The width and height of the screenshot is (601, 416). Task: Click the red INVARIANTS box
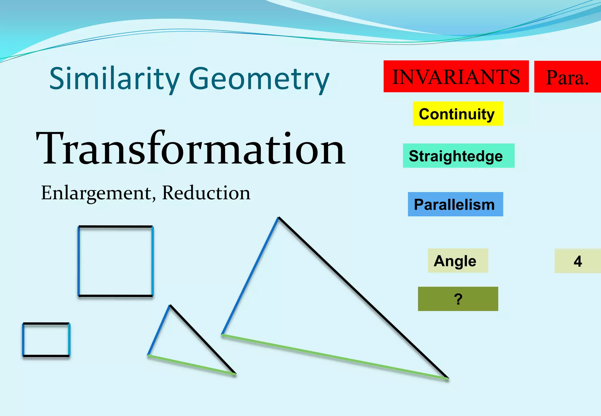[456, 77]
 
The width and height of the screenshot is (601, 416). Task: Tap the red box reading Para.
[567, 77]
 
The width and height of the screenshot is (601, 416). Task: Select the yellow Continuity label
[458, 114]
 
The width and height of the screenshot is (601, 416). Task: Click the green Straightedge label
[458, 156]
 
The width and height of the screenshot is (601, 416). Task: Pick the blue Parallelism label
[455, 204]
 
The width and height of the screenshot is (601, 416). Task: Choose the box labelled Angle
[457, 261]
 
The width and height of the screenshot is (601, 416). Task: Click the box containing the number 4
[578, 261]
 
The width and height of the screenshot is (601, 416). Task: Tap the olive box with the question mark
[458, 299]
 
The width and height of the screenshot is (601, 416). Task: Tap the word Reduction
[206, 193]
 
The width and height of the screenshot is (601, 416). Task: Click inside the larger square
[115, 261]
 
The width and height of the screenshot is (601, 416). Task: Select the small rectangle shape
[46, 340]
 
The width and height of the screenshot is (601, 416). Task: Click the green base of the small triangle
[192, 365]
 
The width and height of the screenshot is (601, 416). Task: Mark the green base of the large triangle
[335, 357]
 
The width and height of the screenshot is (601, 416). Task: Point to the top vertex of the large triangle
[278, 218]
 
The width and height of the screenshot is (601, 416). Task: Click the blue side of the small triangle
[159, 330]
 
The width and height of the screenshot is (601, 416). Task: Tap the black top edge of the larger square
[115, 226]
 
